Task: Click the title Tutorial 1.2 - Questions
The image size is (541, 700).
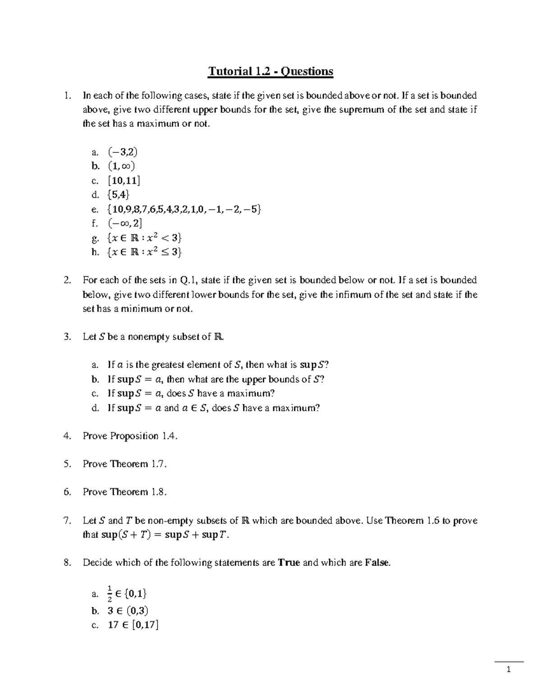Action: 270,71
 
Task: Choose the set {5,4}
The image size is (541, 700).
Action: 119,195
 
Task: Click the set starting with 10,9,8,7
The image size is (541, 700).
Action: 184,209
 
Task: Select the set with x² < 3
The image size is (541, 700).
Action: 144,238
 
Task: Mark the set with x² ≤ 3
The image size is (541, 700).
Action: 144,252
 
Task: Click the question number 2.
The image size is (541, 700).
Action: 67,280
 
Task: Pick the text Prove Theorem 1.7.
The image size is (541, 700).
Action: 124,464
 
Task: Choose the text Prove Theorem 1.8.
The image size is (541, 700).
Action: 124,492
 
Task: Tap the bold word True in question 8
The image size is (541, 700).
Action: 289,563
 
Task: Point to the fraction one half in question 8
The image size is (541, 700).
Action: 110,594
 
